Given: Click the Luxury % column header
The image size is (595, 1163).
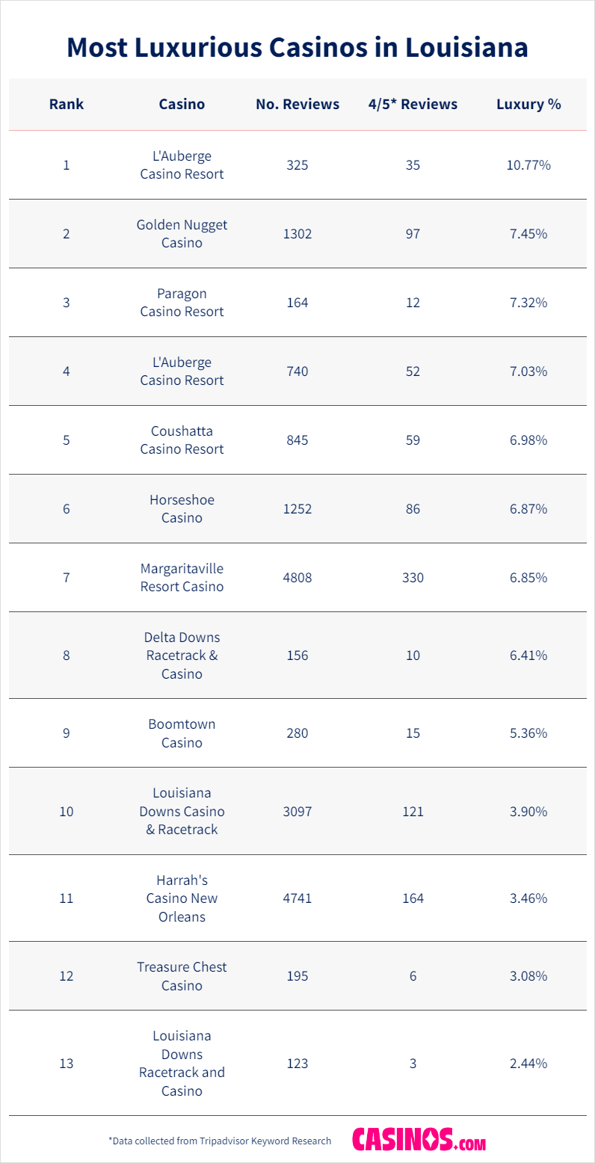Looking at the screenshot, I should click(x=528, y=105).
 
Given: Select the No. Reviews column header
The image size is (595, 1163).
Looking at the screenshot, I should click(x=297, y=105).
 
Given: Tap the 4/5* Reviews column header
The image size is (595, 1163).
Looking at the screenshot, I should click(x=413, y=105).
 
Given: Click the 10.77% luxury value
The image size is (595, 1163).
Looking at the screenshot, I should click(x=528, y=165).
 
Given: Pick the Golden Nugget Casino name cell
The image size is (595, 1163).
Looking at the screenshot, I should click(x=182, y=234).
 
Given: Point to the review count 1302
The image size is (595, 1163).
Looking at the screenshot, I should click(x=297, y=234).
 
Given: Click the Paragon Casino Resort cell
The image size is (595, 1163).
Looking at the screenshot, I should click(x=182, y=303).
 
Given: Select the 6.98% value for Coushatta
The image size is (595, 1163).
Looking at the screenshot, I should click(x=528, y=440).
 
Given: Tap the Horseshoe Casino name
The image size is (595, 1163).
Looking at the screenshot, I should click(x=182, y=509).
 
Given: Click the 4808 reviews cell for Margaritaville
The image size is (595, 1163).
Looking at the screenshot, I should click(x=297, y=578).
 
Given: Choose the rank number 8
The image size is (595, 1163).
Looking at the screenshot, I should click(x=67, y=655).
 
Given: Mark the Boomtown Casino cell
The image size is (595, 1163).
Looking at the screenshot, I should click(x=182, y=733).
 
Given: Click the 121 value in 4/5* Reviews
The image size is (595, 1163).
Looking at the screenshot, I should click(x=413, y=811).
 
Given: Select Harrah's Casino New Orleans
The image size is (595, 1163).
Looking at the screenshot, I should click(x=182, y=898).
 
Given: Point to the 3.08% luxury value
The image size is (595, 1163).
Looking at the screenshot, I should click(x=528, y=976).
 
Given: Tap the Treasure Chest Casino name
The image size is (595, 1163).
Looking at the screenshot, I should click(x=182, y=976).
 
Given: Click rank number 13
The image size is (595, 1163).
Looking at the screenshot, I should click(x=67, y=1063).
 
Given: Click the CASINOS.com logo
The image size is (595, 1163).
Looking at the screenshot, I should click(x=419, y=1141).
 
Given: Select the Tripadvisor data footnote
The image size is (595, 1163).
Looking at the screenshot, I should click(x=220, y=1141).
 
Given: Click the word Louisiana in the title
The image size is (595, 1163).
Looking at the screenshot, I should click(x=466, y=47).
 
